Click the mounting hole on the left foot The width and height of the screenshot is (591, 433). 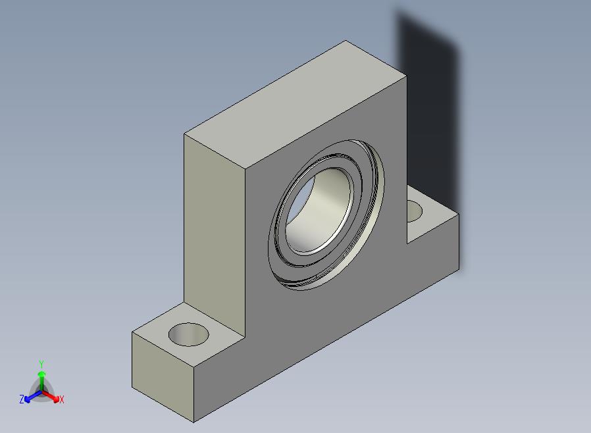point(188,334)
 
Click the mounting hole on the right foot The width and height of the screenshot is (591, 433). point(415,211)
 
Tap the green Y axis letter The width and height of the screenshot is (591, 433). point(41,364)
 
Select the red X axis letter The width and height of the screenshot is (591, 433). point(62,399)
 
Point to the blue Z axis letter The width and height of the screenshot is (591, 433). point(22,399)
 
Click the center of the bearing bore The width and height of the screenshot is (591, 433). point(319,211)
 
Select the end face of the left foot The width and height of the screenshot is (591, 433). point(163,377)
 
